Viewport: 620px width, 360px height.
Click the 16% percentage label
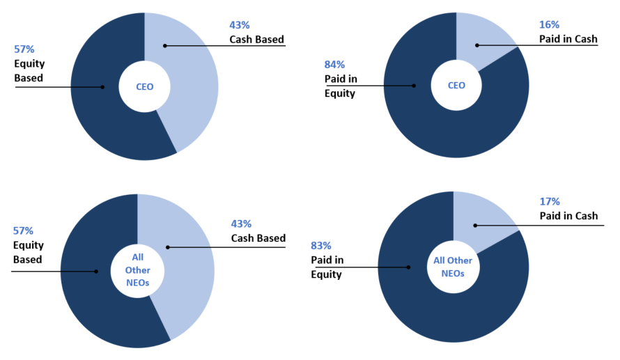[549, 25]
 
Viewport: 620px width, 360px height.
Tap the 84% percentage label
[334, 65]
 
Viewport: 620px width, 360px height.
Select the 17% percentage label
[550, 201]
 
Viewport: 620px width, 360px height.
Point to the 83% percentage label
[320, 246]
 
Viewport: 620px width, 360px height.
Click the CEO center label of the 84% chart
[456, 86]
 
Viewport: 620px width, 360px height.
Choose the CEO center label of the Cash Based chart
[145, 87]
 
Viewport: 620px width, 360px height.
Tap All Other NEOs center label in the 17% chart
[453, 267]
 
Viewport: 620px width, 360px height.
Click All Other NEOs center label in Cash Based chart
[138, 270]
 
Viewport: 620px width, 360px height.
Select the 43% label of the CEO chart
[239, 25]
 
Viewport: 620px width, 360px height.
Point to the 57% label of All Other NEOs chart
[23, 230]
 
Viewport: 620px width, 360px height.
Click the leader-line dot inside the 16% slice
[477, 45]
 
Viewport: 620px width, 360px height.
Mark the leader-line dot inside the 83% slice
[408, 267]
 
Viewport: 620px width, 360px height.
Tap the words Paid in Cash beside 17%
[568, 216]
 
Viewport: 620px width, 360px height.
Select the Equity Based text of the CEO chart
[29, 71]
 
